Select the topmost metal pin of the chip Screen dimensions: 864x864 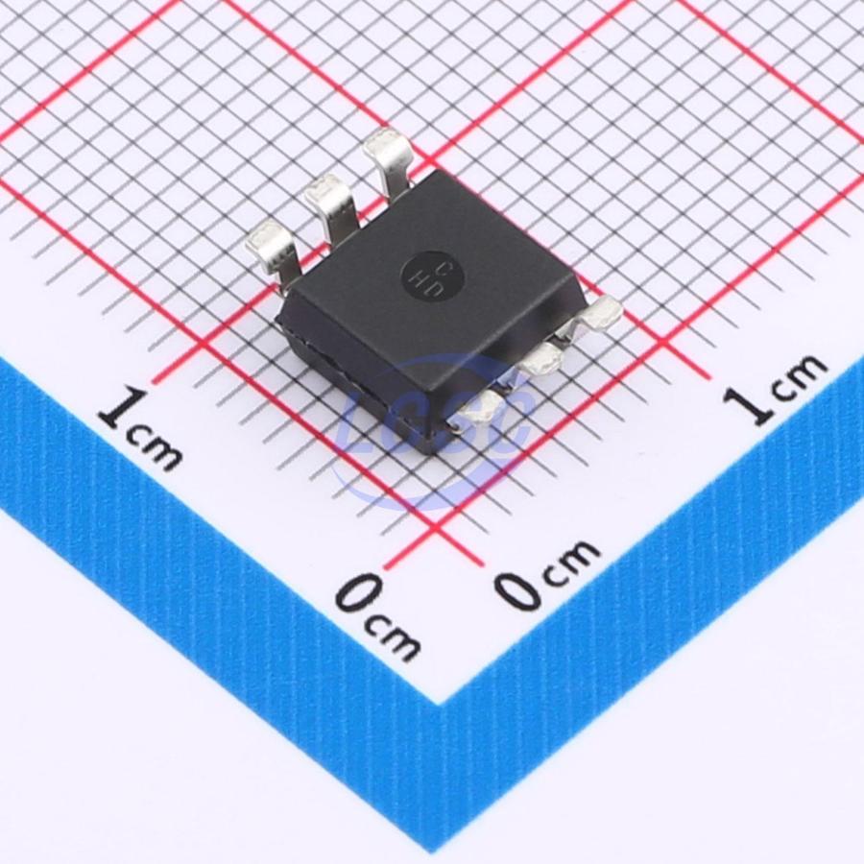coord(389,159)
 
